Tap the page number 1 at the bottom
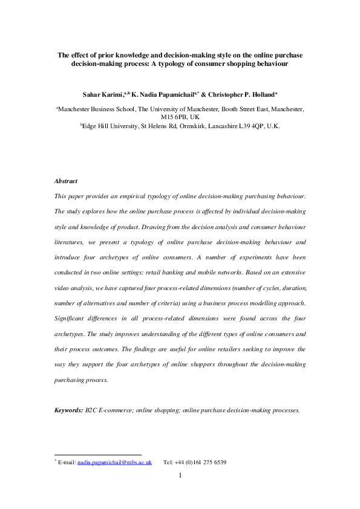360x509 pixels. click(180, 475)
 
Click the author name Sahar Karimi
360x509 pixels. click(104, 95)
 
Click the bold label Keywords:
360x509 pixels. click(69, 410)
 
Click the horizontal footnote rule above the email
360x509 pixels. click(97, 455)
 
